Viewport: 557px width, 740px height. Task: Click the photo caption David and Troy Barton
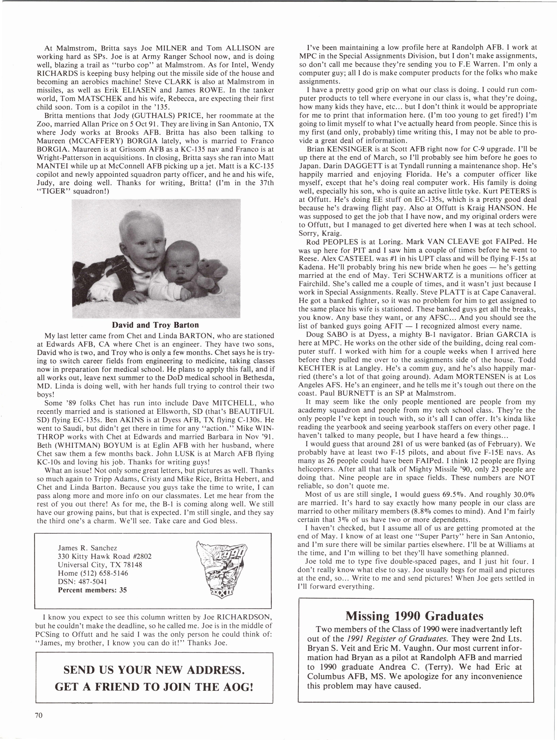(155, 325)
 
